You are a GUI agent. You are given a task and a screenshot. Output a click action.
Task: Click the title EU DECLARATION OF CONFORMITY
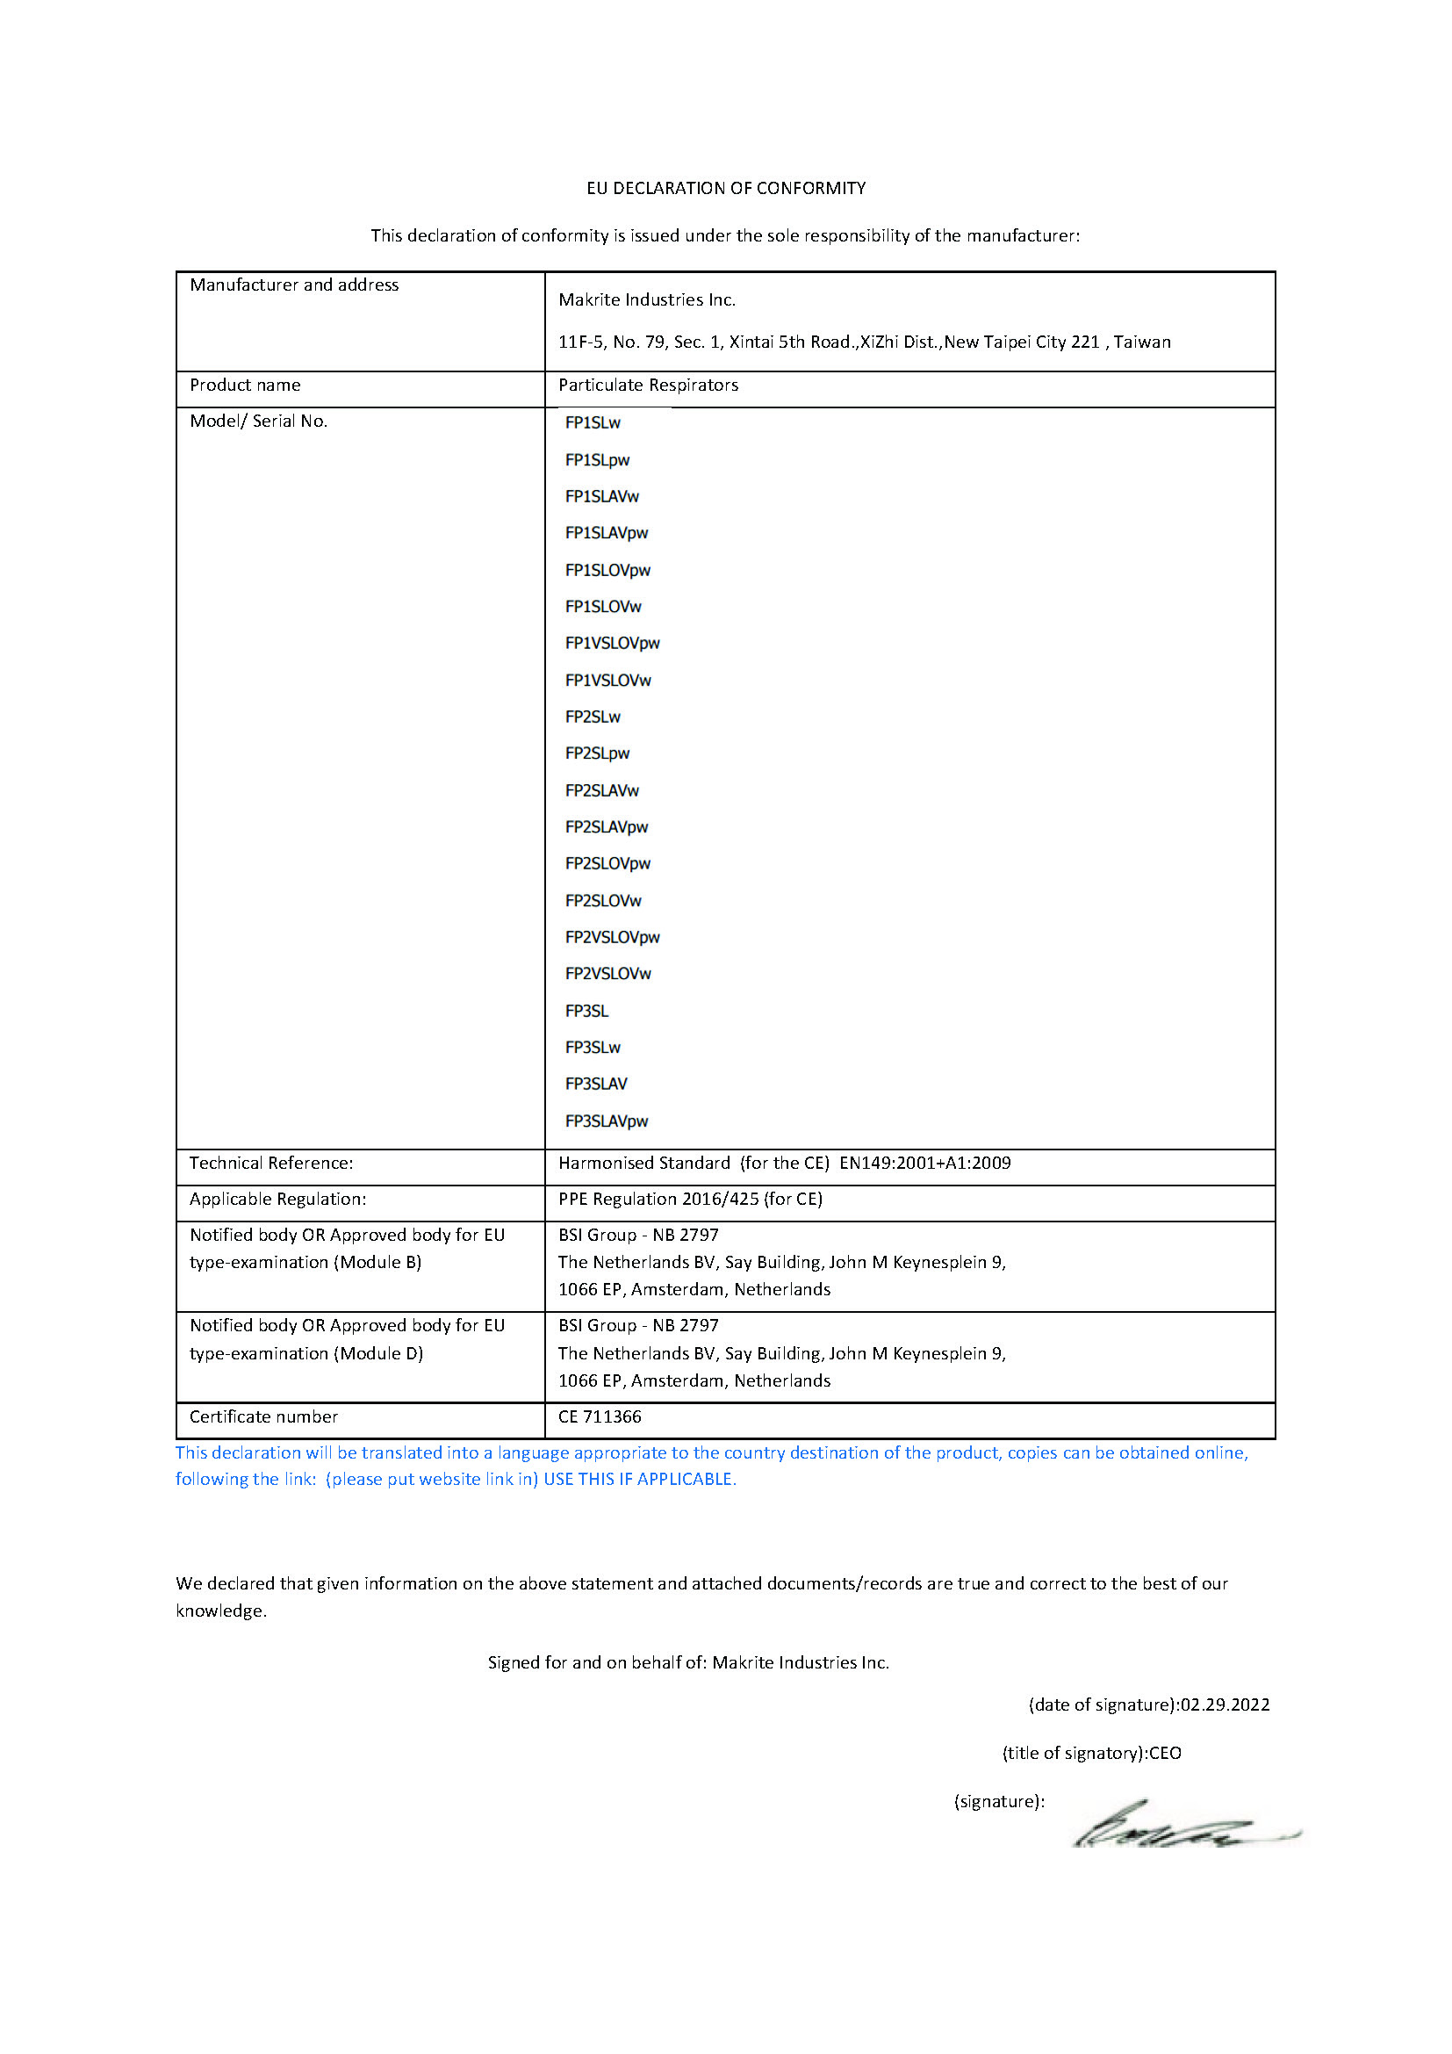point(726,188)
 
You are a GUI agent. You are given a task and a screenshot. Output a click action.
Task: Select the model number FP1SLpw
point(597,460)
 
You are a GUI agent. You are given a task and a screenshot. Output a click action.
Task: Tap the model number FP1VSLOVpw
point(613,643)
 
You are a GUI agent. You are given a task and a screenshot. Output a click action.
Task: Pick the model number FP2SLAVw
point(601,791)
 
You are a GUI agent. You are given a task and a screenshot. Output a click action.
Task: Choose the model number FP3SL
point(586,1011)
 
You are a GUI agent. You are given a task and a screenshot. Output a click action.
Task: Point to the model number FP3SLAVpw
point(607,1121)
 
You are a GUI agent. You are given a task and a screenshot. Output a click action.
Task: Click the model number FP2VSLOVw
point(608,973)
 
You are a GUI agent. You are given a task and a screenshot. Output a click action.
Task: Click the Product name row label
point(245,386)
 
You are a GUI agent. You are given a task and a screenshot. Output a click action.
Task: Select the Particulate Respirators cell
point(648,386)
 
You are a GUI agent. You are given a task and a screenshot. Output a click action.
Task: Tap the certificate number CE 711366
point(600,1417)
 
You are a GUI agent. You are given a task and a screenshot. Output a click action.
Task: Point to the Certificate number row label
point(263,1417)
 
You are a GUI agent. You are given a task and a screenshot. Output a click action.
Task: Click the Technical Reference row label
point(271,1163)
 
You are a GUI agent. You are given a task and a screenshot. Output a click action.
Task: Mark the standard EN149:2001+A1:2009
point(924,1163)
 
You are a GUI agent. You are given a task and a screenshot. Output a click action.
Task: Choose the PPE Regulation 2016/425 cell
point(690,1199)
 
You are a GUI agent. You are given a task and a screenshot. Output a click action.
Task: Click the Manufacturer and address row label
point(294,285)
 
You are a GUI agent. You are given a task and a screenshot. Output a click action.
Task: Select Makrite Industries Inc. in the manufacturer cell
point(646,299)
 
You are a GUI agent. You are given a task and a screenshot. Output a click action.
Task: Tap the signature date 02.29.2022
point(1225,1705)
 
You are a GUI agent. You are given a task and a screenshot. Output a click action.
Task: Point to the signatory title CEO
point(1165,1754)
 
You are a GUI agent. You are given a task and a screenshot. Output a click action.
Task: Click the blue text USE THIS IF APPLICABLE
point(639,1480)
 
